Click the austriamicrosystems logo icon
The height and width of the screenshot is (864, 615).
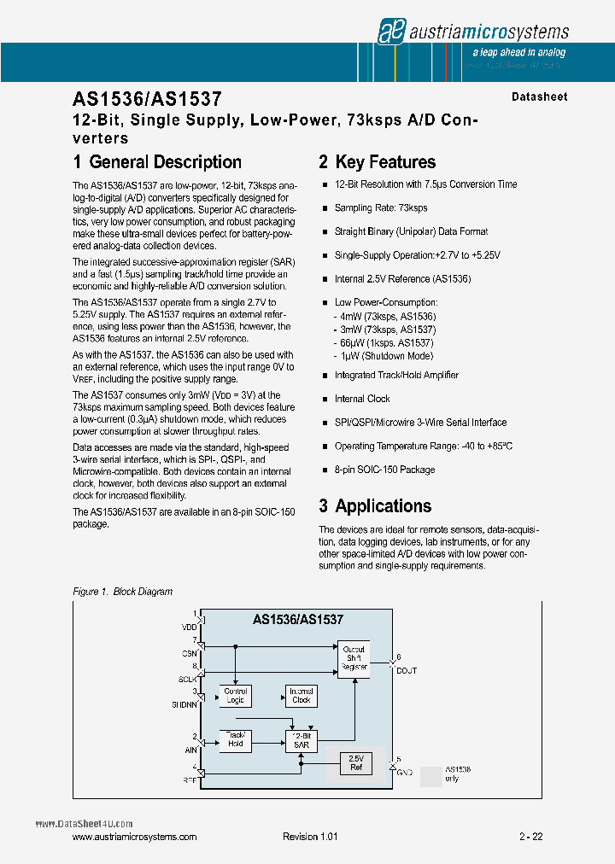tap(390, 32)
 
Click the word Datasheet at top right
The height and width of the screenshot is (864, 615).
tap(539, 97)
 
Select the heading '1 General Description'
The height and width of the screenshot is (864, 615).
tap(157, 162)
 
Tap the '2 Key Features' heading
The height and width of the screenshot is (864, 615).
tap(377, 162)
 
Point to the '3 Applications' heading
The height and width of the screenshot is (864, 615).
tap(375, 506)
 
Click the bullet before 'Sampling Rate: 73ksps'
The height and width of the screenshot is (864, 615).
tap(325, 208)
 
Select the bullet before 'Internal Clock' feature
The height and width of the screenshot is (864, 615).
tap(325, 400)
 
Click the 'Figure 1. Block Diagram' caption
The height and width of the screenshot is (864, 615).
tap(123, 592)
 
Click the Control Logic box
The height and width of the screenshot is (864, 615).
tap(236, 696)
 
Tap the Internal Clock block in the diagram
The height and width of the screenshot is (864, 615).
tap(301, 696)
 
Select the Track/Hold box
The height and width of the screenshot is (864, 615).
tap(236, 739)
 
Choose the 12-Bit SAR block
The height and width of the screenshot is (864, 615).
tap(301, 739)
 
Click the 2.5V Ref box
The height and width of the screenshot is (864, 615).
tap(355, 762)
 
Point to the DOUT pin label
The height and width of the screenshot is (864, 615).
tap(406, 670)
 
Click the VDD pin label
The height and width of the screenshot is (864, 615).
tap(189, 628)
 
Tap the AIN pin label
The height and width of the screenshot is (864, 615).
tap(190, 750)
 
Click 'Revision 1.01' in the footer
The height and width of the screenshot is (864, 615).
tap(310, 837)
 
